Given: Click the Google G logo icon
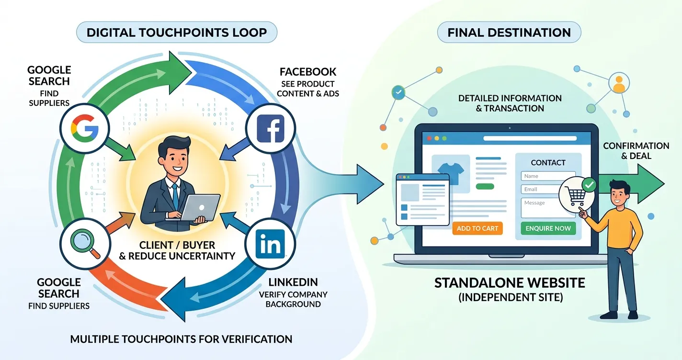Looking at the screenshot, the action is click(x=85, y=128).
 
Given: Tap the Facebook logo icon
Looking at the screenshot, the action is click(x=271, y=128).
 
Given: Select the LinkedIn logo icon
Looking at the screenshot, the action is click(x=270, y=244).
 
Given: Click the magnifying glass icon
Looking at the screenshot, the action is click(x=85, y=244).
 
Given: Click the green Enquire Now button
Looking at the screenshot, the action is click(x=548, y=228).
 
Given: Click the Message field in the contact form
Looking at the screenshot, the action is click(x=545, y=208).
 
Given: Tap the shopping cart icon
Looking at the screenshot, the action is click(x=575, y=195).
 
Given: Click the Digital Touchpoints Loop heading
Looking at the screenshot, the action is click(x=177, y=32).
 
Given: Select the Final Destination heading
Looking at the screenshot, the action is click(x=509, y=32).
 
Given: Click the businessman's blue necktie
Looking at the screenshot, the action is click(x=175, y=197).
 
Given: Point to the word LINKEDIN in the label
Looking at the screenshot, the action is click(x=293, y=282).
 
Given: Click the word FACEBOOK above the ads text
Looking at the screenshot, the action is click(x=308, y=72).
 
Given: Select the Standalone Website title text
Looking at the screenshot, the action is click(x=510, y=283).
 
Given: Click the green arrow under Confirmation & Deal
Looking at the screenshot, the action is click(x=630, y=184).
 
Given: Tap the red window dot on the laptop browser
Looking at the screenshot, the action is click(x=429, y=138).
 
